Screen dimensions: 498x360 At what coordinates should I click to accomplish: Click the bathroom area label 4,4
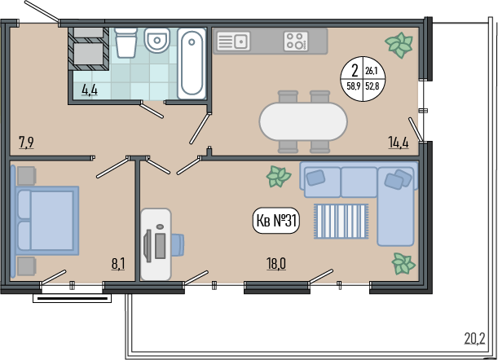pyautogui.click(x=90, y=90)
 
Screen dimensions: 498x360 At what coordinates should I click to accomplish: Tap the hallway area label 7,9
pyautogui.click(x=26, y=143)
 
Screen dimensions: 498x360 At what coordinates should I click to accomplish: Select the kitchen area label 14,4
pyautogui.click(x=399, y=143)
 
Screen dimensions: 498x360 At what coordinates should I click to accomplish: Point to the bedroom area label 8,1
pyautogui.click(x=118, y=264)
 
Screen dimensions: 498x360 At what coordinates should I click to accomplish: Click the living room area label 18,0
pyautogui.click(x=276, y=264)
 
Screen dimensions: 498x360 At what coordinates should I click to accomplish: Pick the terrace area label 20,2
pyautogui.click(x=475, y=338)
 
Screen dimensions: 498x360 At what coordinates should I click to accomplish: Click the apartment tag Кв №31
pyautogui.click(x=276, y=221)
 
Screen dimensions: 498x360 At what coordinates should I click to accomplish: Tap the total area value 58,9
pyautogui.click(x=353, y=86)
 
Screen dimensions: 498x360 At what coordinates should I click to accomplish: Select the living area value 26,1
pyautogui.click(x=371, y=71)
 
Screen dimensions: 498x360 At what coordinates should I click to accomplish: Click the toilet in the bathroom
pyautogui.click(x=126, y=42)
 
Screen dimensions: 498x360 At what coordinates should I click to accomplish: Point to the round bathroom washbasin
pyautogui.click(x=156, y=40)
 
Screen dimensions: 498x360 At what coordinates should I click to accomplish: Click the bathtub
pyautogui.click(x=192, y=63)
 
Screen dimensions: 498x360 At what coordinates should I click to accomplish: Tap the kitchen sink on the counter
pyautogui.click(x=233, y=42)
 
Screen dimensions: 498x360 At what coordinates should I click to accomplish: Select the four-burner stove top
pyautogui.click(x=296, y=42)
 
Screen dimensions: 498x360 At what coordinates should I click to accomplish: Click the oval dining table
pyautogui.click(x=303, y=121)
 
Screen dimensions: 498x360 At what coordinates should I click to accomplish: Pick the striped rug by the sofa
pyautogui.click(x=342, y=222)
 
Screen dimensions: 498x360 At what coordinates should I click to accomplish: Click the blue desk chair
pyautogui.click(x=178, y=244)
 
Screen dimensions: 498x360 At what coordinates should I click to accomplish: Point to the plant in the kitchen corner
pyautogui.click(x=399, y=45)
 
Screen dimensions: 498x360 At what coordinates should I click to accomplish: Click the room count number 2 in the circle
pyautogui.click(x=355, y=71)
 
